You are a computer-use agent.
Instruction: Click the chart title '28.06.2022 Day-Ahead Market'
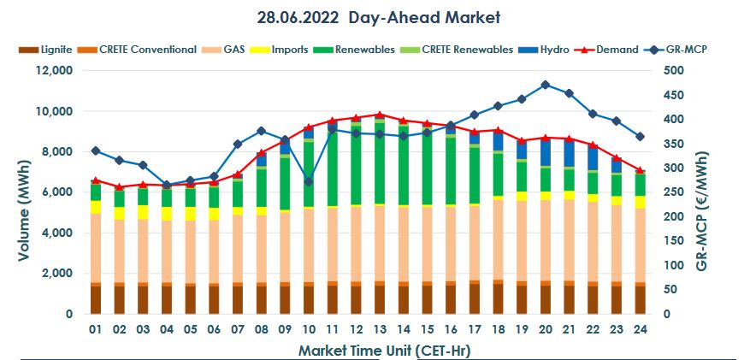(379, 16)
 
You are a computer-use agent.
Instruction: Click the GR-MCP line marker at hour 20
(545, 85)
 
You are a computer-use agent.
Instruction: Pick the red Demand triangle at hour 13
(379, 114)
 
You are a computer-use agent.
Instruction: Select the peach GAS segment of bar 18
(498, 239)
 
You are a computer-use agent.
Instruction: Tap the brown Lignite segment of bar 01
(96, 299)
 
